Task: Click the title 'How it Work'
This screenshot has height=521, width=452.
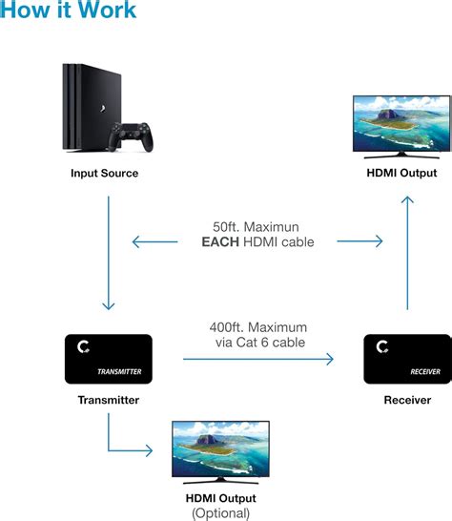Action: [x=69, y=12]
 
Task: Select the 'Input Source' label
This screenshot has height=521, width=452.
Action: [x=104, y=174]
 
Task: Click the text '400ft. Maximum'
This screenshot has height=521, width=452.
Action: [x=261, y=326]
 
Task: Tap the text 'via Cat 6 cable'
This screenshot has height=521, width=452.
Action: [x=260, y=342]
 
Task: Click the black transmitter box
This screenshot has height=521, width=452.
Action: [x=108, y=359]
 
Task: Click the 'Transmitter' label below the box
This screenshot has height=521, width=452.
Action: [x=108, y=400]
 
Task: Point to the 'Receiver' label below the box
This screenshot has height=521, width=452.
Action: [x=407, y=400]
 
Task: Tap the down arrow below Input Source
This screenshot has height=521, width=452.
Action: [x=109, y=253]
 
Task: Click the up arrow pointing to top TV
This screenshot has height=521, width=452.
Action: [x=407, y=253]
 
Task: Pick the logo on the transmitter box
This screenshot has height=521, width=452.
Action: [x=83, y=348]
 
